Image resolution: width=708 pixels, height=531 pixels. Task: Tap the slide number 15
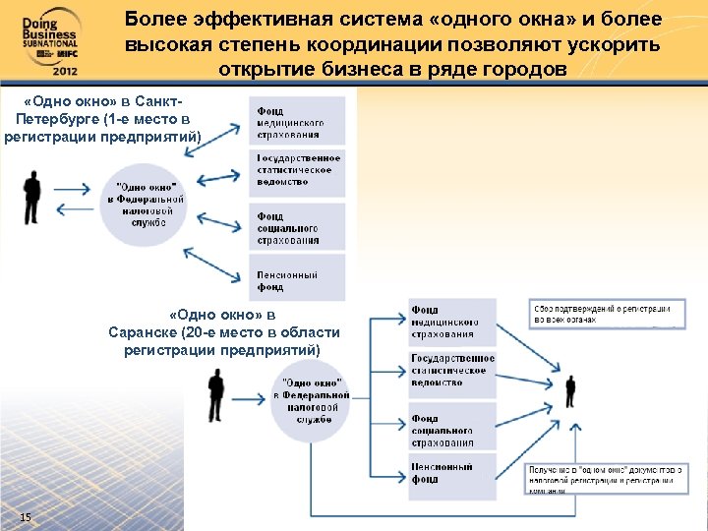pyautogui.click(x=26, y=517)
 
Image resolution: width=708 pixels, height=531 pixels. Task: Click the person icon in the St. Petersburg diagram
pyautogui.click(x=31, y=202)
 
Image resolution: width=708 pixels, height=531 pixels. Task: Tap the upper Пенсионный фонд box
pyautogui.click(x=299, y=277)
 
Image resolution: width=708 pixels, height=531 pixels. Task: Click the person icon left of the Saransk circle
pyautogui.click(x=215, y=398)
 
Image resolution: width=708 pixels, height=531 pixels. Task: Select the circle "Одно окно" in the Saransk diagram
pyautogui.click(x=312, y=401)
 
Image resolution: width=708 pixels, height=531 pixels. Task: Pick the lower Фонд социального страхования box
pyautogui.click(x=451, y=425)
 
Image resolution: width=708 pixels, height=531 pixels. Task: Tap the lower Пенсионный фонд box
pyautogui.click(x=451, y=474)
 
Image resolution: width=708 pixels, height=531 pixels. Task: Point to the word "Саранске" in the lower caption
pyautogui.click(x=143, y=332)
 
